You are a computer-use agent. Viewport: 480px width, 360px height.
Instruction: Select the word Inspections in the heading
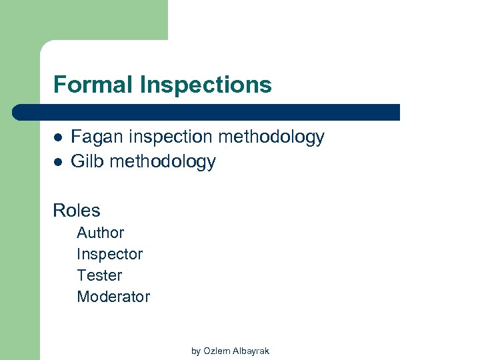(206, 85)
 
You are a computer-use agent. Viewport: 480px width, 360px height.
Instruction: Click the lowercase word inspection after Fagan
(169, 137)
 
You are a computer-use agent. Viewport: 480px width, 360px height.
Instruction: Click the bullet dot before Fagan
(57, 138)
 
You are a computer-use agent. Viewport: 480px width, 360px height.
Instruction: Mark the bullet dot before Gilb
(57, 162)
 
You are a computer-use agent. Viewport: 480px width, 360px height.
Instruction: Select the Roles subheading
(77, 211)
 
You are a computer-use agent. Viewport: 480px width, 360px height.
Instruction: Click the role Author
(101, 233)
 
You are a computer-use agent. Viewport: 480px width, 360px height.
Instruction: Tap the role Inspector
(110, 254)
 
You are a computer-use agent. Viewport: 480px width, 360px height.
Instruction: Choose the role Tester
(100, 275)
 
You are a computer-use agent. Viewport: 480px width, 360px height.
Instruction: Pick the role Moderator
(114, 297)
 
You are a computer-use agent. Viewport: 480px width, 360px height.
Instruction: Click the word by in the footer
(196, 351)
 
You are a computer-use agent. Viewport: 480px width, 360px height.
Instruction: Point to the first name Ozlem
(215, 351)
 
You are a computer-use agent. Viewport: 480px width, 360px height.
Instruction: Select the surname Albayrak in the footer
(249, 351)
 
